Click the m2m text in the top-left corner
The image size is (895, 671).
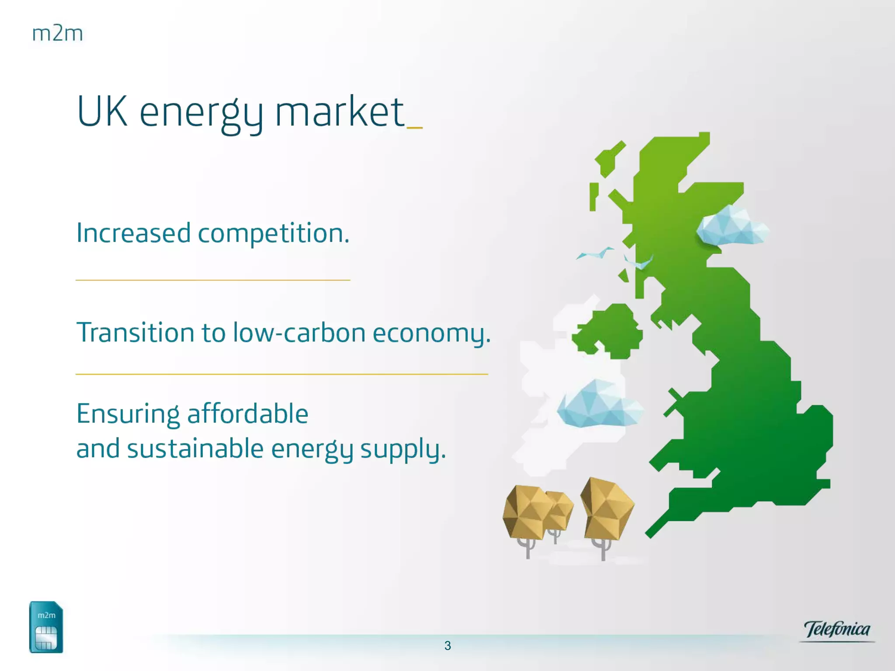click(58, 34)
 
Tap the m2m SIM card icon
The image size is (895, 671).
click(46, 627)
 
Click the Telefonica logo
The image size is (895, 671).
click(837, 630)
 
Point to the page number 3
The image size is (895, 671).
click(447, 646)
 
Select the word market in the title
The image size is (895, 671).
click(340, 111)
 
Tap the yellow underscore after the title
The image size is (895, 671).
click(414, 128)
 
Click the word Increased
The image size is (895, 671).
click(133, 232)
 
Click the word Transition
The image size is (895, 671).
click(135, 332)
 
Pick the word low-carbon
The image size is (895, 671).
click(299, 332)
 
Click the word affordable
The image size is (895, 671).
click(248, 413)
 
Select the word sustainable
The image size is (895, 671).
click(195, 448)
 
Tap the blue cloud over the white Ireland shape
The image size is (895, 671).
click(600, 404)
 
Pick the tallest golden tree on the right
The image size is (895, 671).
click(607, 518)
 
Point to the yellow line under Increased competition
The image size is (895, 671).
click(213, 280)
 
